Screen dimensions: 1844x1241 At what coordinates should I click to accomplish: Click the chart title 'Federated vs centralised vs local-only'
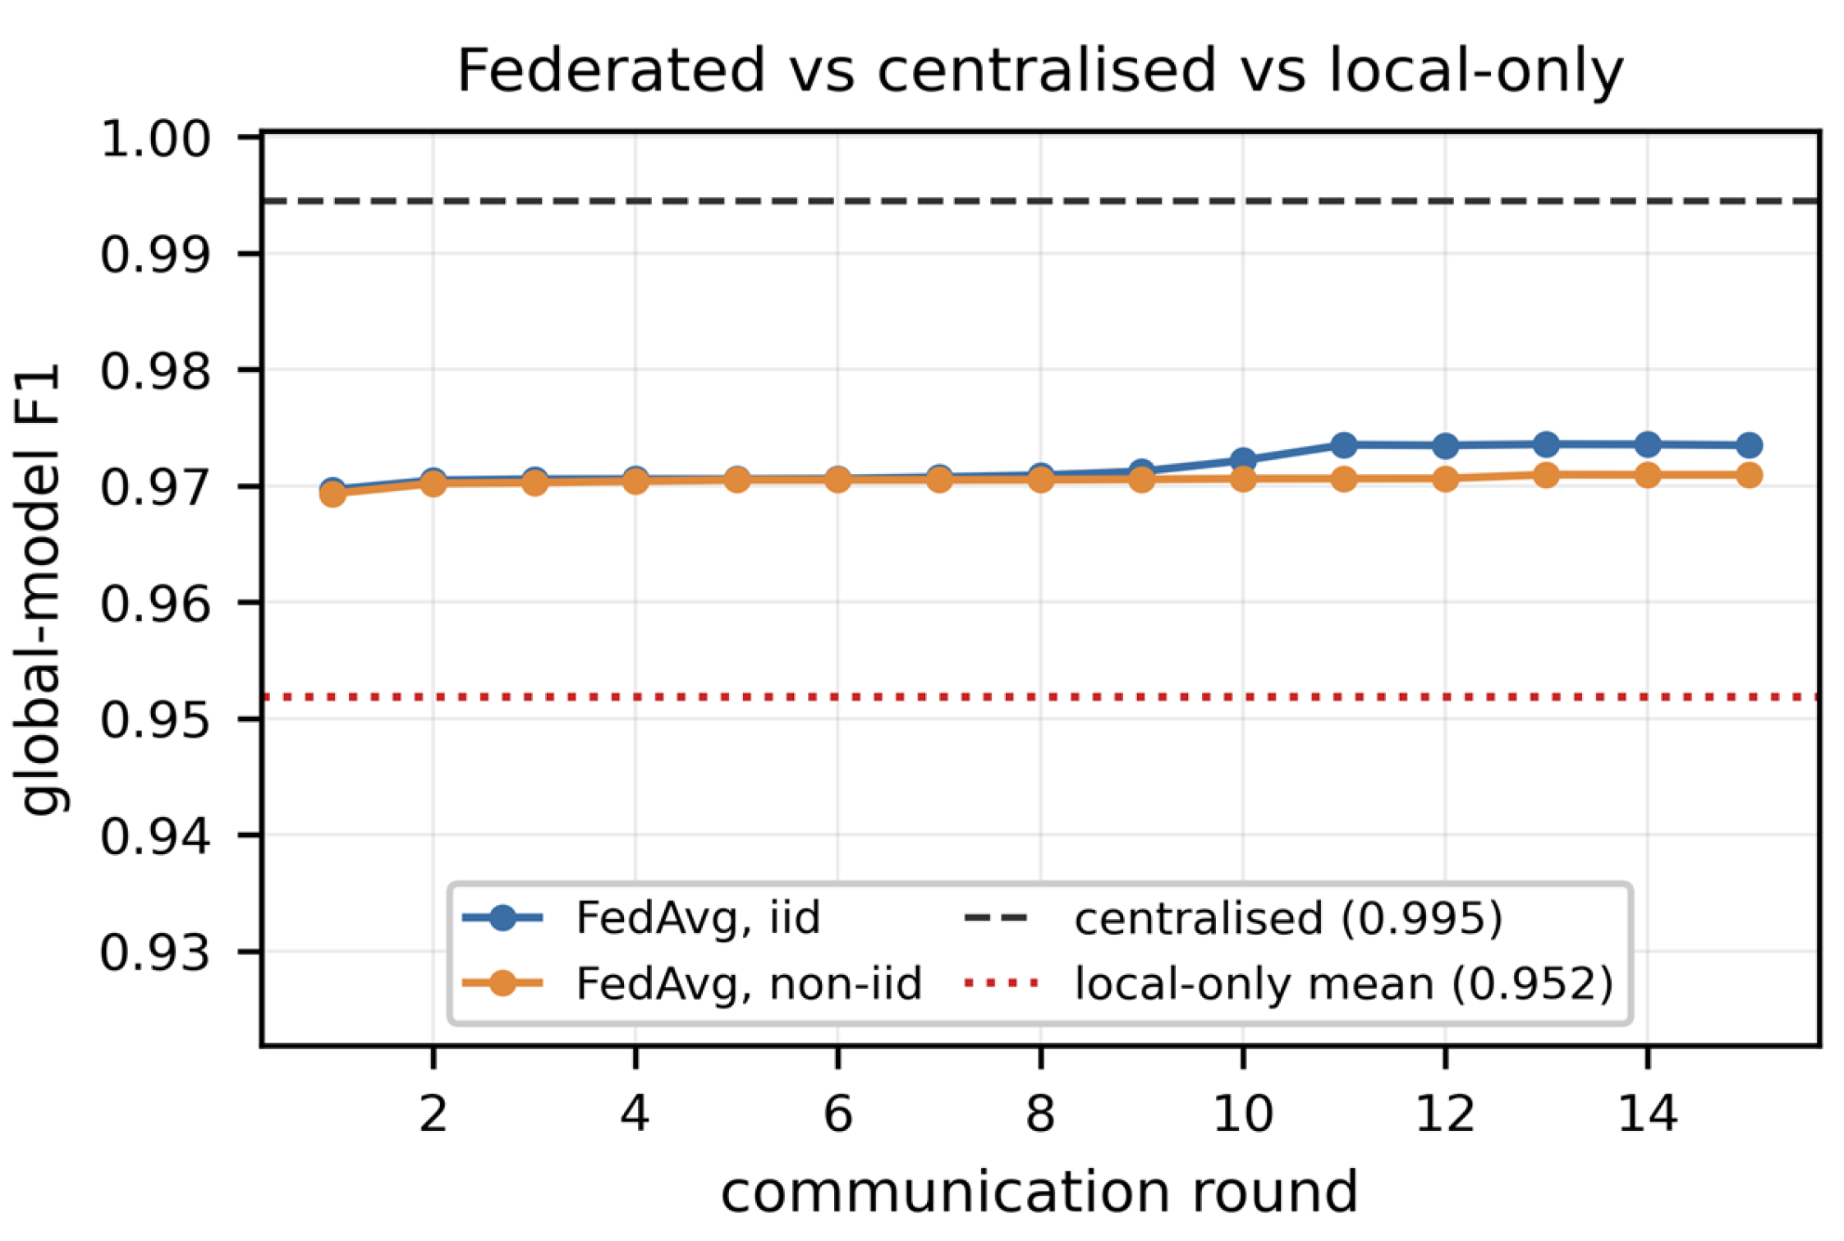pyautogui.click(x=1039, y=71)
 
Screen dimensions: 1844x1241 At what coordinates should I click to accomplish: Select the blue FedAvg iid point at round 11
pyautogui.click(x=1344, y=445)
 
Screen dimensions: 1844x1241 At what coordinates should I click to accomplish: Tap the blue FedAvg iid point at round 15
pyautogui.click(x=1749, y=445)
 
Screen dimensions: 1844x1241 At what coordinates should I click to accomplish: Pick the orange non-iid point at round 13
pyautogui.click(x=1546, y=475)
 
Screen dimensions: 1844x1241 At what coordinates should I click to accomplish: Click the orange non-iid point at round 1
pyautogui.click(x=333, y=494)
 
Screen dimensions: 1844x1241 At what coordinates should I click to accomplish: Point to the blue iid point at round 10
pyautogui.click(x=1243, y=460)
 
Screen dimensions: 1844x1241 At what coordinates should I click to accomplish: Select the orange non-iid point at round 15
pyautogui.click(x=1749, y=475)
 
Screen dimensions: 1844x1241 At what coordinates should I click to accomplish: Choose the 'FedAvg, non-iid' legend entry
pyautogui.click(x=693, y=983)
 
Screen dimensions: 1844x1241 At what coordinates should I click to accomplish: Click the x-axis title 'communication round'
pyautogui.click(x=1039, y=1193)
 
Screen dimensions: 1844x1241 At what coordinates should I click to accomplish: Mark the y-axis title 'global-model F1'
pyautogui.click(x=41, y=589)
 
